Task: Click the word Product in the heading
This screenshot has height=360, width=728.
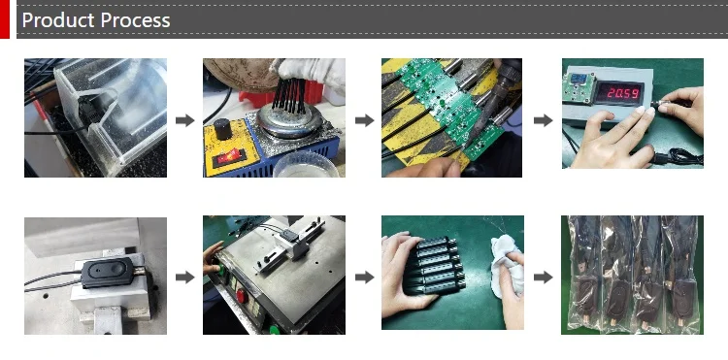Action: click(58, 20)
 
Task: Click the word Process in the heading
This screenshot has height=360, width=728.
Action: click(135, 20)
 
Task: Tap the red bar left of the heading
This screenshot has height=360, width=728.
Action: click(5, 19)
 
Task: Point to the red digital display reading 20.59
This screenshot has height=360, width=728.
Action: click(620, 93)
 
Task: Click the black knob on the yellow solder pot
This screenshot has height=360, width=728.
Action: click(223, 128)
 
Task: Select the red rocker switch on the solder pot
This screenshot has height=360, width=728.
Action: click(229, 157)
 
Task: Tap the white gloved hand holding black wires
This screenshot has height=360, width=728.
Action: click(311, 72)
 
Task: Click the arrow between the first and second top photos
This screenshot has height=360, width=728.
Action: click(184, 120)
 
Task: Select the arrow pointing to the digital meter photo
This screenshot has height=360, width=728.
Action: click(543, 120)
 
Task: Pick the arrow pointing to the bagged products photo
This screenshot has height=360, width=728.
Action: click(543, 278)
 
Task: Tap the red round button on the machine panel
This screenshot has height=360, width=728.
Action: click(242, 296)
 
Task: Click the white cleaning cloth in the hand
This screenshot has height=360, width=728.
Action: click(507, 265)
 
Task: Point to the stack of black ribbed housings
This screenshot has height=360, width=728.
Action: click(434, 266)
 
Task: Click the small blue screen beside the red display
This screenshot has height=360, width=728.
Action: click(578, 79)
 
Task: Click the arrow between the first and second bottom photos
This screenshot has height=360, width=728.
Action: click(184, 278)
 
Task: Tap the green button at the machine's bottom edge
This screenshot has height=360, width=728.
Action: click(275, 330)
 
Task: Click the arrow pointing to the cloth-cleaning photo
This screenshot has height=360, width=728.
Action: click(364, 278)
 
